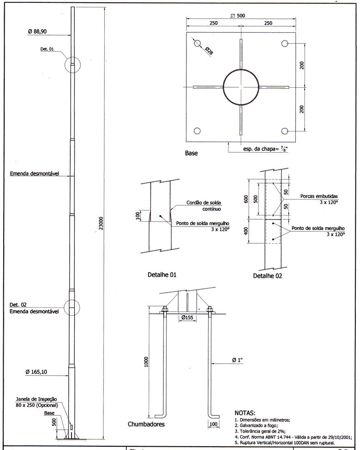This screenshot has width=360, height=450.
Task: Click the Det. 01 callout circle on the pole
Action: [73, 65]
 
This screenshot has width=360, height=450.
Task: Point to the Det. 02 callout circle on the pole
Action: [72, 307]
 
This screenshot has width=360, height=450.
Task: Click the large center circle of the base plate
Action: [240, 87]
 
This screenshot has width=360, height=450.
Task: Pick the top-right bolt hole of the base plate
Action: [285, 43]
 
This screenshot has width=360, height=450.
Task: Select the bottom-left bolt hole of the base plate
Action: [197, 131]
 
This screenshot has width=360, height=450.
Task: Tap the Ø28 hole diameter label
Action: [209, 51]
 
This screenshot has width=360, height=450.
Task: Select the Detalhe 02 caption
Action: [268, 276]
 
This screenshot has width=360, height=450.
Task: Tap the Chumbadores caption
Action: [146, 424]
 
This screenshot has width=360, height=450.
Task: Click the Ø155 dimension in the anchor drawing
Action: [187, 318]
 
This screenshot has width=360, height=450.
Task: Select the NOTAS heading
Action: [248, 412]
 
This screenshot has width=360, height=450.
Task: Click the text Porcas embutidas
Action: [319, 196]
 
